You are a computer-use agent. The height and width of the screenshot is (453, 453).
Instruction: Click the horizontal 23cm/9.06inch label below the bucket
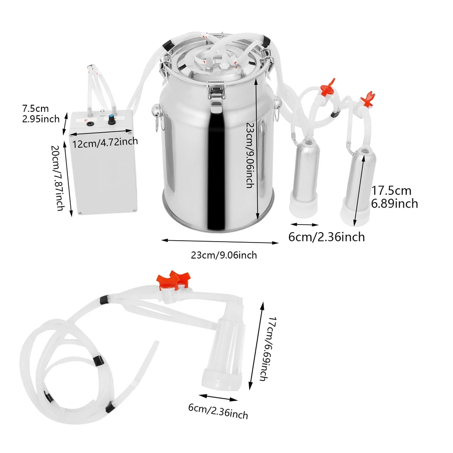(224, 255)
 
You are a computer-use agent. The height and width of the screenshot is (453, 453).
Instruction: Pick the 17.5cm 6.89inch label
(395, 197)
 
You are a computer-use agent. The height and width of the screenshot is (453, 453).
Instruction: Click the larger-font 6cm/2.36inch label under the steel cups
(327, 236)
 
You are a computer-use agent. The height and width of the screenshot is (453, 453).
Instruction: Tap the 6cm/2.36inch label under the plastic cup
(218, 411)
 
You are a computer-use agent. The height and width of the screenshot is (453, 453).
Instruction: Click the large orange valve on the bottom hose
(172, 281)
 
